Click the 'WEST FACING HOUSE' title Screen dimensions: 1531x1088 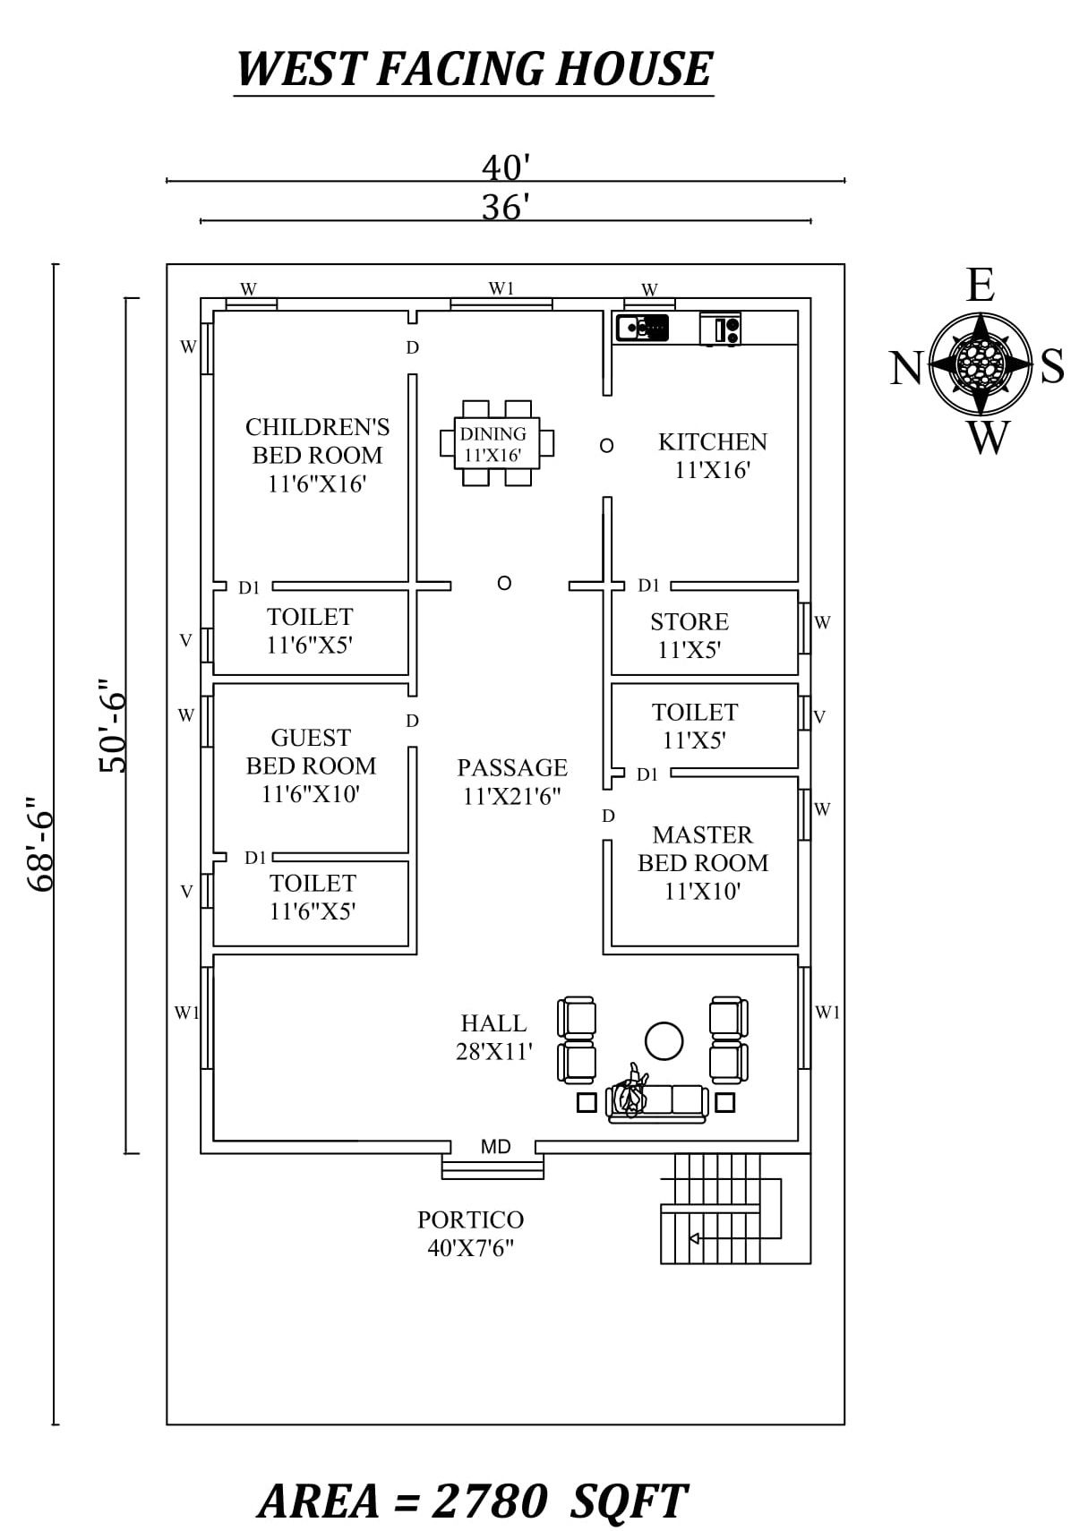(x=473, y=70)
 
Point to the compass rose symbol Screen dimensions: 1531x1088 (x=981, y=364)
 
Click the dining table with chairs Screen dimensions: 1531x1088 (x=497, y=443)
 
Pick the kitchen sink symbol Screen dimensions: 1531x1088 (x=642, y=328)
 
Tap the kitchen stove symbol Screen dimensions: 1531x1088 (x=720, y=329)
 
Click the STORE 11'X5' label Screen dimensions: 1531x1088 (x=690, y=636)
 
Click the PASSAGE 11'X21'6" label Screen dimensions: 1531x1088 (x=512, y=782)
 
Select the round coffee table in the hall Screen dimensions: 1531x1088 (x=664, y=1040)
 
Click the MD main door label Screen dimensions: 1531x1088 (x=495, y=1147)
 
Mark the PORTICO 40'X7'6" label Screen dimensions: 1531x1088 (x=470, y=1233)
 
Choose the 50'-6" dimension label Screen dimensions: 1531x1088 (x=114, y=725)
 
